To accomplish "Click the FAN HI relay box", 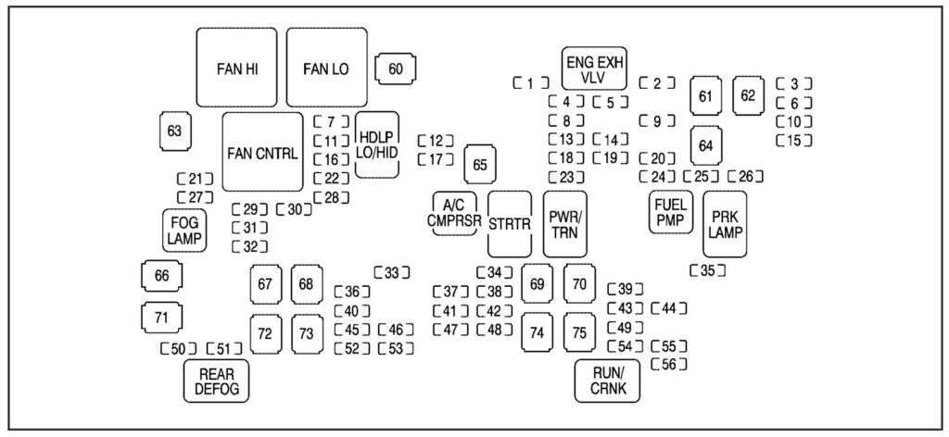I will [x=237, y=68].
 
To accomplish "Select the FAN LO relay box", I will [x=326, y=68].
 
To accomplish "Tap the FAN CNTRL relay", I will [x=262, y=153].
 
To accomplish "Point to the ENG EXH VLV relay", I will [x=594, y=69].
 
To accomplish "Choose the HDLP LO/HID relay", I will [x=377, y=144].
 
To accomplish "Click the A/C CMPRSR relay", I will [x=454, y=213].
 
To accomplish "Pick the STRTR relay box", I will [x=510, y=223].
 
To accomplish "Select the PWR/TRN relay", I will [x=564, y=223].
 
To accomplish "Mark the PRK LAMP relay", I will [x=725, y=223].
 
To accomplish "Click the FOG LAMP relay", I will [x=184, y=230].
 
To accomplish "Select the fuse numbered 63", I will [x=174, y=131].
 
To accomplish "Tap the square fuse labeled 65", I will [x=480, y=165].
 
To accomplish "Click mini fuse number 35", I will [x=708, y=271].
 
